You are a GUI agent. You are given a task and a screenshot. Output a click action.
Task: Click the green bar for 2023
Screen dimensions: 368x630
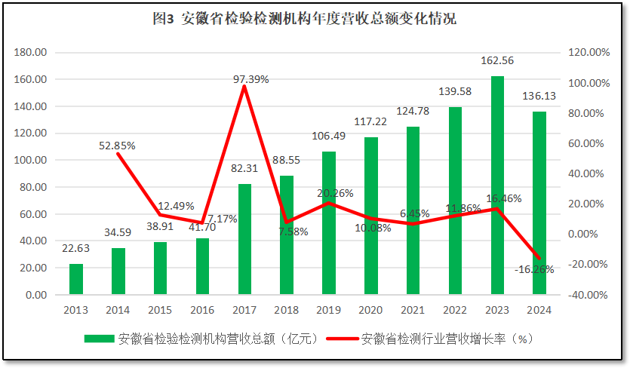click(x=497, y=186)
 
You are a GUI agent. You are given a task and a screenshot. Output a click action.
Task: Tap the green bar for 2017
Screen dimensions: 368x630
click(x=244, y=239)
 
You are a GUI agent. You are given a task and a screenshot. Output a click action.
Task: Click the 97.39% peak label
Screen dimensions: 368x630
click(x=251, y=79)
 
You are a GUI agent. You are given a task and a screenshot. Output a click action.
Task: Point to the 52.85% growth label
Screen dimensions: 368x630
click(x=117, y=146)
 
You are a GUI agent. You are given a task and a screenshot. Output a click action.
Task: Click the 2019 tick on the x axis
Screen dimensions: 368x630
click(x=328, y=310)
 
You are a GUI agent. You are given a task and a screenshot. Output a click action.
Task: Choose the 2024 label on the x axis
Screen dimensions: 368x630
click(x=539, y=310)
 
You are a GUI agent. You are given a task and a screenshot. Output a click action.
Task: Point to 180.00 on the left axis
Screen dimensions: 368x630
click(x=31, y=53)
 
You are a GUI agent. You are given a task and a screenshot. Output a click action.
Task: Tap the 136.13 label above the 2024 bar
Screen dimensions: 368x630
click(x=539, y=97)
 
